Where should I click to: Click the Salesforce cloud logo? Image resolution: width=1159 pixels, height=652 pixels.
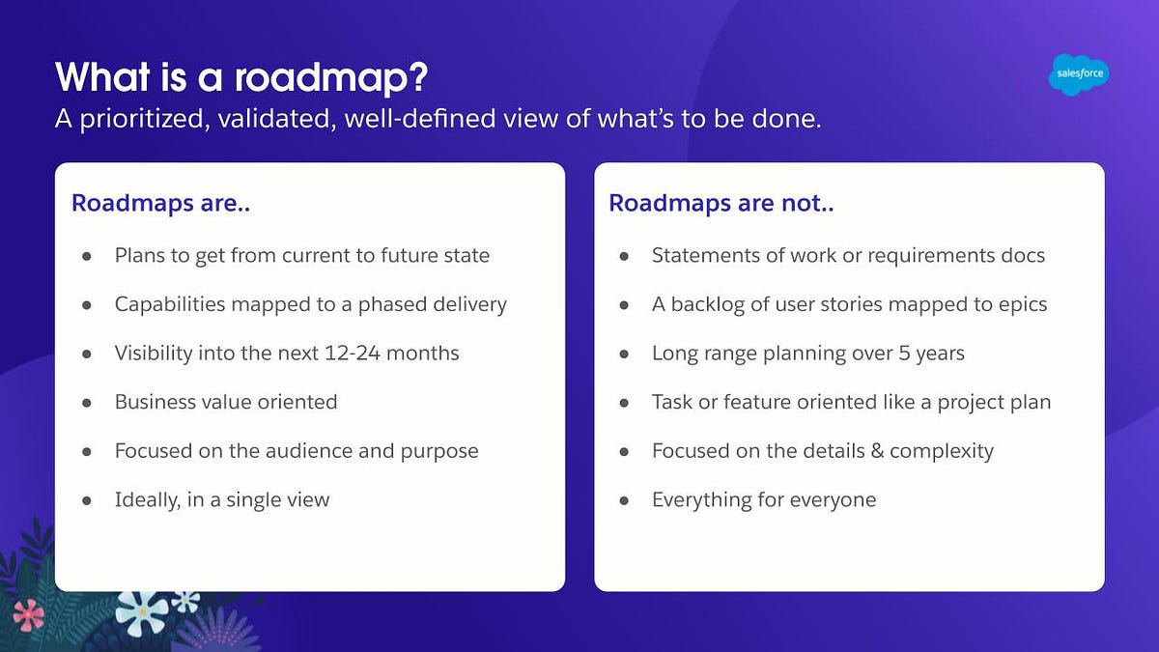(1078, 74)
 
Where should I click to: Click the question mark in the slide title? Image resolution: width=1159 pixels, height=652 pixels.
(416, 76)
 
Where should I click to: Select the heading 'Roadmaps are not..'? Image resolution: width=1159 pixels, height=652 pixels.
(721, 204)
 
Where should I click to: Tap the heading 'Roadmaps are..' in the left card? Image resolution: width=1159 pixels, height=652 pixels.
(161, 204)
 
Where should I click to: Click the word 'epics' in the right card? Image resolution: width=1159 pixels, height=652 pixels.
(1018, 304)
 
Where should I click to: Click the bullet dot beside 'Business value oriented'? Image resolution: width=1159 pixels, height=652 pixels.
(87, 402)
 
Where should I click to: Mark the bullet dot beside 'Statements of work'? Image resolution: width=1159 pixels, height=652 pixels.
(624, 256)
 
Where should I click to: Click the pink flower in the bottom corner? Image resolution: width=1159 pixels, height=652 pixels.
(27, 614)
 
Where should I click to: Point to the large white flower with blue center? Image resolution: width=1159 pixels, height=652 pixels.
(142, 610)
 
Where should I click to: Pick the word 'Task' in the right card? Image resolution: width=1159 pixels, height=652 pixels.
(673, 402)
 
